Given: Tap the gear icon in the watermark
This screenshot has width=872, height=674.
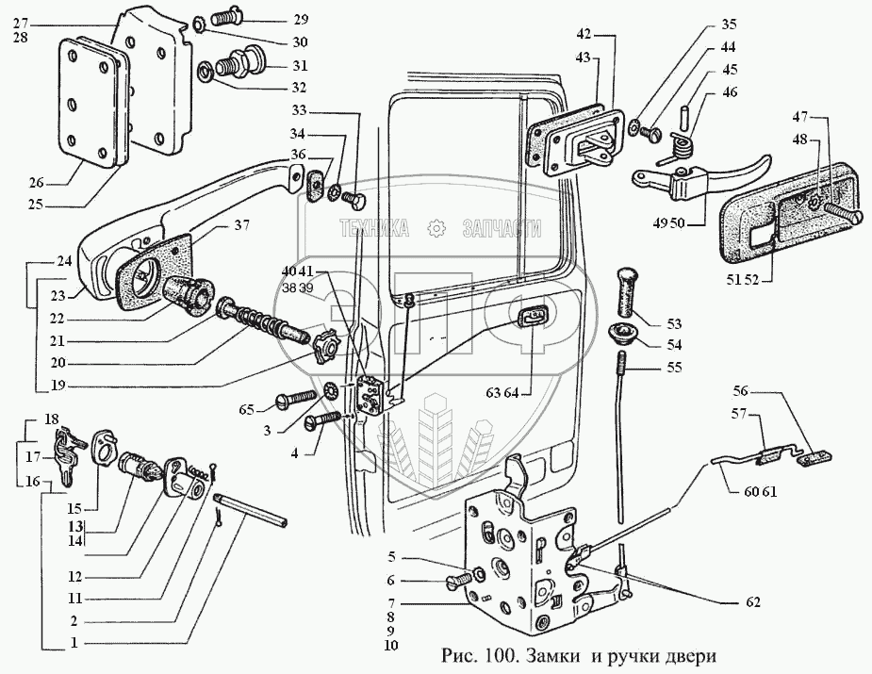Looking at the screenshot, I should coord(436,227).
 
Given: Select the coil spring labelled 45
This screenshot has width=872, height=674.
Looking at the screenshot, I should coord(681,143).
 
